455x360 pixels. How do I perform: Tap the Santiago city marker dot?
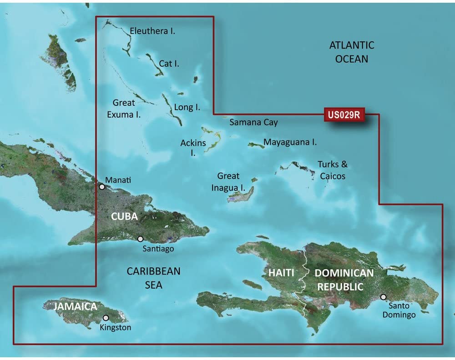[140, 239]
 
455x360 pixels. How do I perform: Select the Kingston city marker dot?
[106, 318]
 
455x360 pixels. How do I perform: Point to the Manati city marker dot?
[102, 186]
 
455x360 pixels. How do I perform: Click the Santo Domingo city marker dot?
[384, 297]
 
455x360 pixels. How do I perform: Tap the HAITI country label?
[279, 273]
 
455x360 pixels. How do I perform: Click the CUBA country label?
[124, 216]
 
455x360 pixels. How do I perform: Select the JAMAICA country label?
[75, 306]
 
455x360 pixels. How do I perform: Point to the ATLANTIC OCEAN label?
[352, 52]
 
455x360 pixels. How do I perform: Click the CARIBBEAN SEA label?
[153, 278]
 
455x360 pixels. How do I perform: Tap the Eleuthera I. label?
[152, 31]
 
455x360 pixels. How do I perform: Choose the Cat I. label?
[169, 64]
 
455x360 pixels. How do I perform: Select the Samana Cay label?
[253, 122]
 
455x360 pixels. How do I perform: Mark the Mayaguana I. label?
[290, 142]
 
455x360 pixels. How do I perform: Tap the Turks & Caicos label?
[332, 170]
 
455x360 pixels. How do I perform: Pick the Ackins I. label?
[193, 148]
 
